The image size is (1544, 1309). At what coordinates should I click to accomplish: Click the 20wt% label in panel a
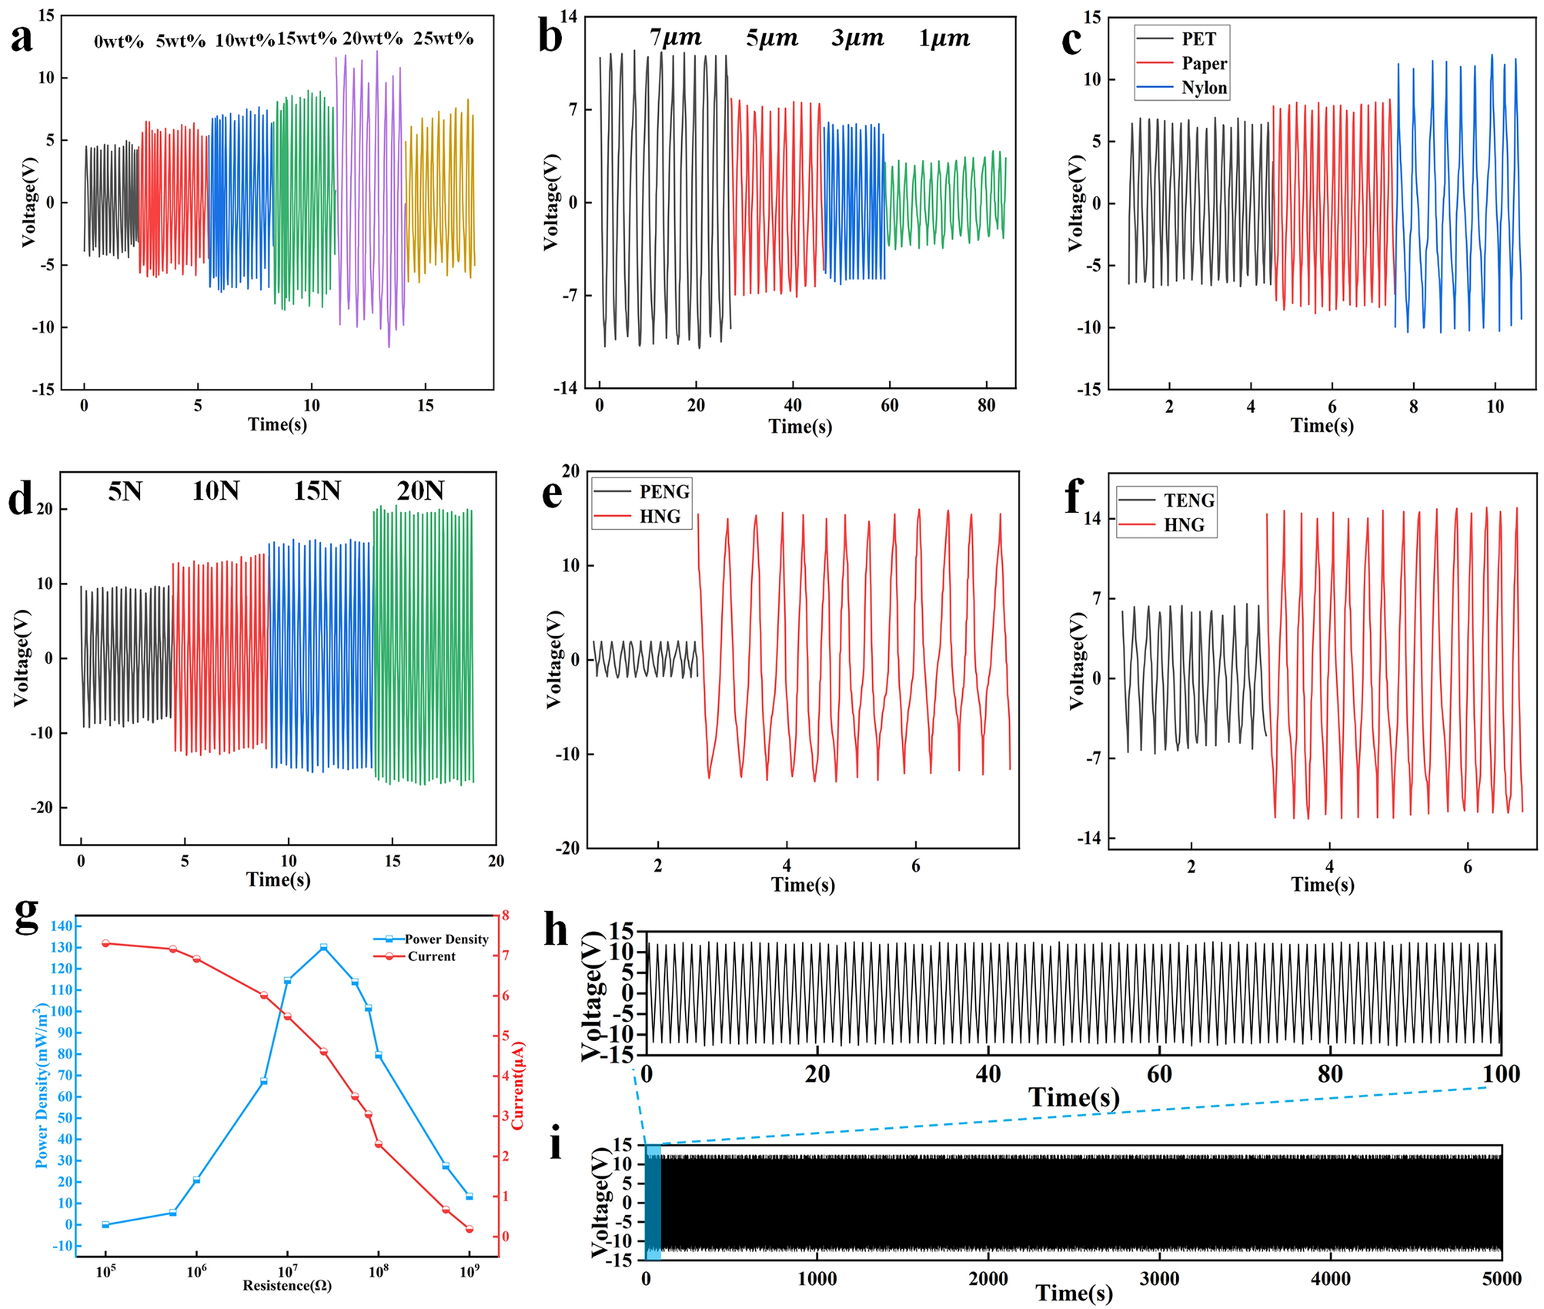click(373, 38)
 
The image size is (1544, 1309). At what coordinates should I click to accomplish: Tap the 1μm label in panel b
click(944, 38)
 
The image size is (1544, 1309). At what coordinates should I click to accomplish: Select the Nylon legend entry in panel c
click(1204, 88)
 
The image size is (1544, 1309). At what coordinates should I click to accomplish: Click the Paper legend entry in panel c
click(1204, 63)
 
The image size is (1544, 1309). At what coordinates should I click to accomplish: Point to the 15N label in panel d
click(316, 490)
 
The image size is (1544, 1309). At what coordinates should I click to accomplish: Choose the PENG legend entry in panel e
click(663, 491)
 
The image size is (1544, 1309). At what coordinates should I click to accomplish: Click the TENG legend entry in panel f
click(1188, 500)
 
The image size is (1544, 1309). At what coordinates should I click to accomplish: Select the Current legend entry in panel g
click(431, 956)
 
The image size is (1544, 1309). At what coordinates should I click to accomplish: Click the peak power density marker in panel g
click(323, 947)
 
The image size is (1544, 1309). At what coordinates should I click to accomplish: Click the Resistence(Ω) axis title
click(287, 1285)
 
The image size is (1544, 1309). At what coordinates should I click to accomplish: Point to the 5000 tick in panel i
click(1500, 1279)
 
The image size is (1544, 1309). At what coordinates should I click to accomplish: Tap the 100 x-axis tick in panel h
click(1500, 1074)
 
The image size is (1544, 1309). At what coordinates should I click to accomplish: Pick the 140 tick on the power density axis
click(62, 926)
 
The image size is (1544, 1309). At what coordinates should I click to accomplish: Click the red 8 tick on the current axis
click(505, 916)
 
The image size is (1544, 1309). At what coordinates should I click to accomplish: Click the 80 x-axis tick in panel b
click(986, 406)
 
